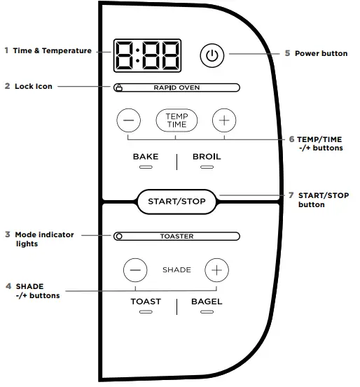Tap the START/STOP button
176,202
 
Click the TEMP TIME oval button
176,120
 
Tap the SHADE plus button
217,269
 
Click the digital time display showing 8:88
147,56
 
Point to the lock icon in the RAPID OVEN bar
119,88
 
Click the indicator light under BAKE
146,169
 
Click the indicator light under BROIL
207,169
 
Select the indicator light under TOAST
146,312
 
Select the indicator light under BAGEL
207,312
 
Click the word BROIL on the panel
207,157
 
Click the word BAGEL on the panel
207,302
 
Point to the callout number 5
287,53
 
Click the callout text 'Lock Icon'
34,87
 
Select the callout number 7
291,195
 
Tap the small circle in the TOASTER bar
119,237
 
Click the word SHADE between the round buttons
176,270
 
